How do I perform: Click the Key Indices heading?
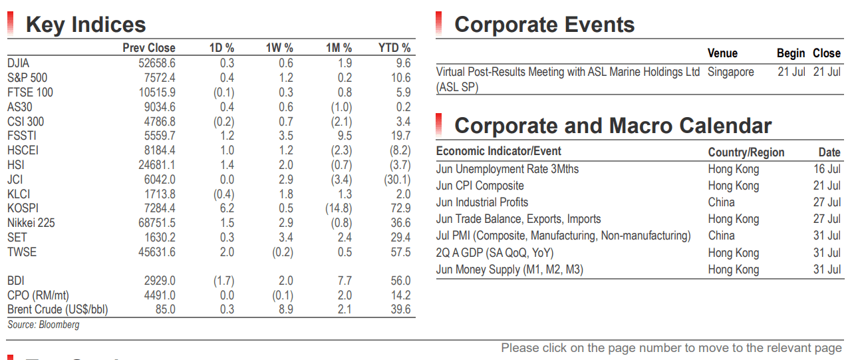coord(86,25)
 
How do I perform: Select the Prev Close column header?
coord(149,48)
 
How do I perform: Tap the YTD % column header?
coord(394,48)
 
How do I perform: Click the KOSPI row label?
coord(23,208)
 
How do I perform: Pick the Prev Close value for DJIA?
coord(157,63)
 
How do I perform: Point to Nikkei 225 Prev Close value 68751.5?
coord(157,223)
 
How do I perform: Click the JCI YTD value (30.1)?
coord(397,180)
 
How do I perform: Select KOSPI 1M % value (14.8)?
coord(339,208)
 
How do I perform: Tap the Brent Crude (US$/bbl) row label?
coord(58,309)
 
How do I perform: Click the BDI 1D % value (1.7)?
coord(224,281)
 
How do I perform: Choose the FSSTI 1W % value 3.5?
coord(286,136)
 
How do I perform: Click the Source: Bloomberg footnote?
coord(43,325)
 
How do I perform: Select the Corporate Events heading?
coord(545,25)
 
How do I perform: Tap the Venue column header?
coord(722,53)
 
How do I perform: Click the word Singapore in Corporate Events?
coord(731,73)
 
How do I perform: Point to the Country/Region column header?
coord(746,152)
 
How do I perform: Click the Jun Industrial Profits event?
coord(482,202)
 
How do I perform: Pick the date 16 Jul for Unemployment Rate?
coord(827,169)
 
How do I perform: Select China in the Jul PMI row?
coord(722,236)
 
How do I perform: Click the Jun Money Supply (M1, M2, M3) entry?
coord(509,270)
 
